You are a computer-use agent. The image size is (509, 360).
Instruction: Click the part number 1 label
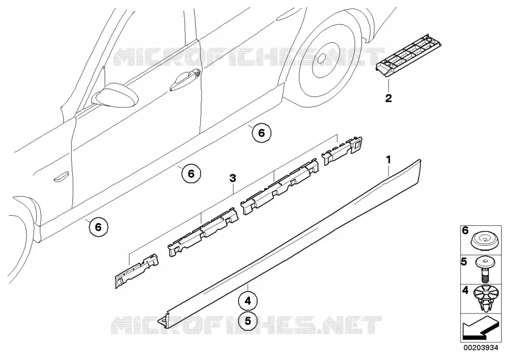388,160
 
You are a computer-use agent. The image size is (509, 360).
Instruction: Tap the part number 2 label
388,98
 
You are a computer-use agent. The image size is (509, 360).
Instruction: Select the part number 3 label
232,178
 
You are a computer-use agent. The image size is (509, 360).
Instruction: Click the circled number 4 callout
248,301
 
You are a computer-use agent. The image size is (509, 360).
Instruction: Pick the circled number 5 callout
248,321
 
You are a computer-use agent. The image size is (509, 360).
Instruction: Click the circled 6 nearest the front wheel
98,227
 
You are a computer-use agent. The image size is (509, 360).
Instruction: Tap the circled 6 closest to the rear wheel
262,133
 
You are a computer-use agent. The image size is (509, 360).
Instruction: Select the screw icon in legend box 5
484,271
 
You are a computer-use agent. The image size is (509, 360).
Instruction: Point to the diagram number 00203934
480,348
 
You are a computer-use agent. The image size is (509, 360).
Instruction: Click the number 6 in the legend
465,231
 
